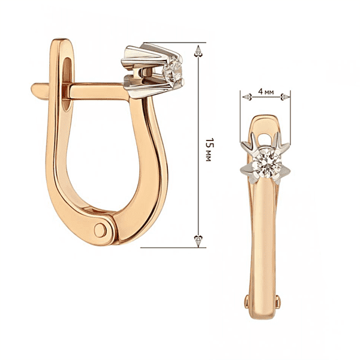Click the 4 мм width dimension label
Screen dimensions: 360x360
point(266,92)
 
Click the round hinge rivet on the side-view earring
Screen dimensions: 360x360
point(100,230)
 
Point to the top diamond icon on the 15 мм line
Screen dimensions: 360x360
point(198,51)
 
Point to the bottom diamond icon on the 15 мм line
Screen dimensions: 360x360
point(198,241)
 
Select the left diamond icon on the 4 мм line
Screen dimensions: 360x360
point(247,97)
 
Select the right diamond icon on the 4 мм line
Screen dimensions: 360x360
point(285,97)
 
